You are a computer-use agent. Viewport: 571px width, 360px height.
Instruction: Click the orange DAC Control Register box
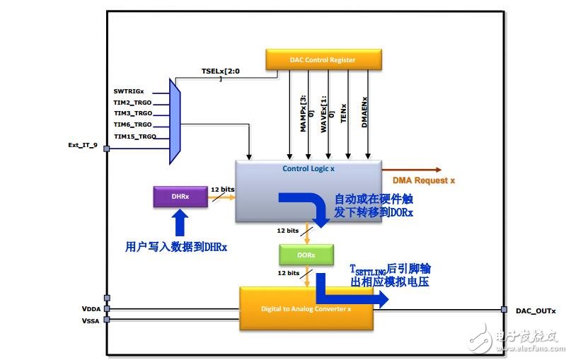coord(324,59)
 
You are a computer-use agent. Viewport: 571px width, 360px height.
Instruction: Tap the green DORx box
coord(306,254)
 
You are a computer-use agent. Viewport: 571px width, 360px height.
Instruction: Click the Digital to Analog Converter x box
coord(306,308)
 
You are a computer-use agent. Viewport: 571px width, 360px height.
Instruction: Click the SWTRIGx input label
coord(129,91)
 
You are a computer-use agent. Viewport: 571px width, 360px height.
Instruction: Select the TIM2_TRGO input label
coord(132,102)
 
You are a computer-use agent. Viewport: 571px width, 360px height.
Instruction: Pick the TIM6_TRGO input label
coord(132,124)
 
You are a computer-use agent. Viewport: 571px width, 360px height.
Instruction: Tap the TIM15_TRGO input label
coord(134,136)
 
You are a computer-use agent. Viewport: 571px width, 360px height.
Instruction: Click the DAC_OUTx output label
coord(536,310)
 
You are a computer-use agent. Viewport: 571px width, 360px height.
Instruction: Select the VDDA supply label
coord(92,309)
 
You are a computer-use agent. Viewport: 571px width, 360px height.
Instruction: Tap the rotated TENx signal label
coord(343,111)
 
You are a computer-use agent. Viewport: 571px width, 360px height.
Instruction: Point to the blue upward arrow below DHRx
coord(180,223)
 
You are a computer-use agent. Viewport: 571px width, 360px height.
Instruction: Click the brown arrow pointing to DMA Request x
coord(412,170)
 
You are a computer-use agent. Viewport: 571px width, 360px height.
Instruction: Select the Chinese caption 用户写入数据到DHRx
coord(175,247)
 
